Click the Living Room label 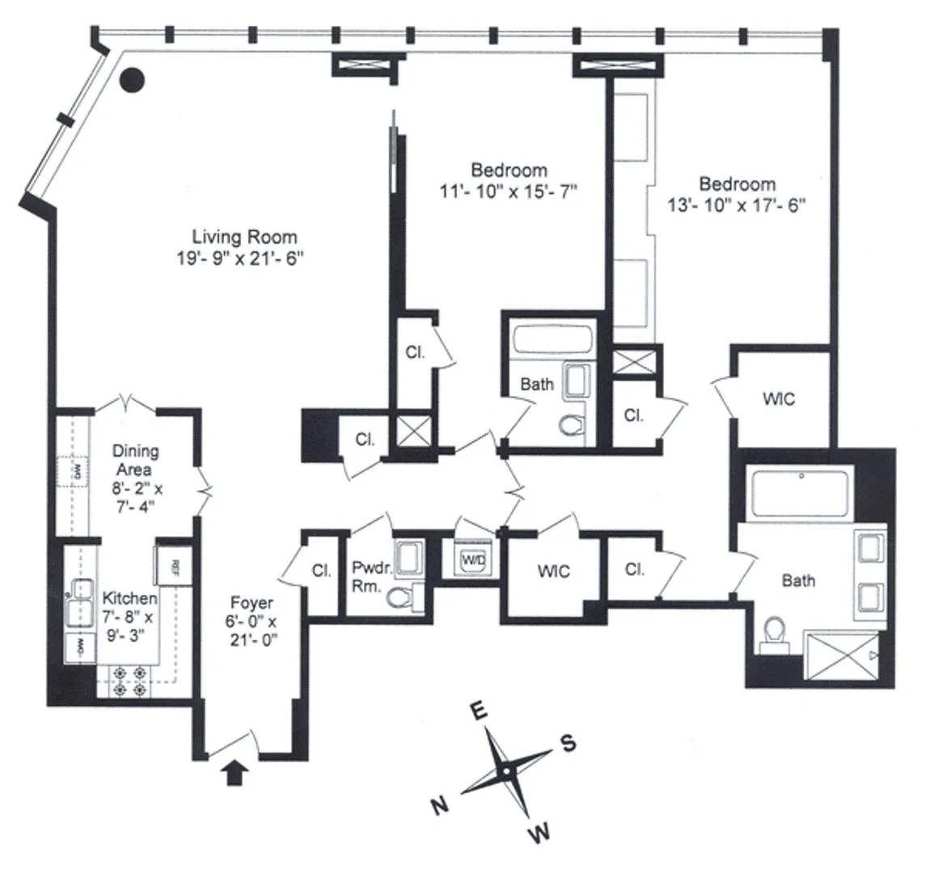click(243, 238)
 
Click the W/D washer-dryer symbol click(471, 559)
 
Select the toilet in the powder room click(400, 598)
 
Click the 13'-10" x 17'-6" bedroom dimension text click(737, 205)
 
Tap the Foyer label click(252, 603)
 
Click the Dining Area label click(135, 460)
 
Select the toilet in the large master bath click(774, 631)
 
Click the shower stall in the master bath click(841, 658)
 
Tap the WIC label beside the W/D click(553, 571)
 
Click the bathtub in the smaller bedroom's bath click(554, 338)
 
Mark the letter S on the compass click(569, 744)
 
